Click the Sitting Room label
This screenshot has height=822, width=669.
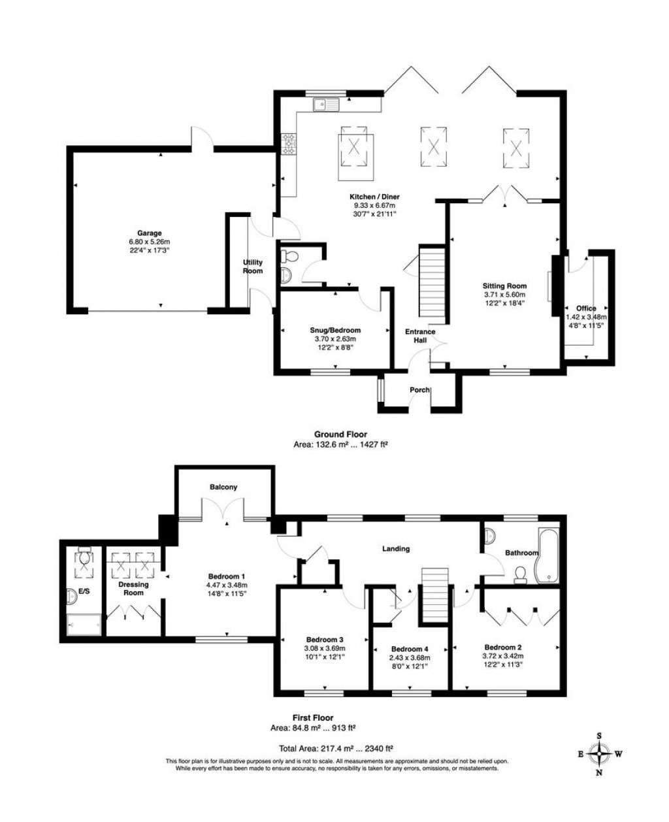pyautogui.click(x=504, y=286)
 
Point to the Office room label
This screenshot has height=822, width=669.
pyautogui.click(x=585, y=308)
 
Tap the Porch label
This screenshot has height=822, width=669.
pyautogui.click(x=419, y=390)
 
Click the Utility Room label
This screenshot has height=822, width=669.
pyautogui.click(x=252, y=266)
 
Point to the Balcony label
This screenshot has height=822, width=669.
pyautogui.click(x=223, y=487)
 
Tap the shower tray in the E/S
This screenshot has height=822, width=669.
pyautogui.click(x=84, y=625)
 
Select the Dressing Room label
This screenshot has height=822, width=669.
pyautogui.click(x=133, y=588)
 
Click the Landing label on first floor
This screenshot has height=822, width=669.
pyautogui.click(x=396, y=548)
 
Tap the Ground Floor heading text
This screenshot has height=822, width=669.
pyautogui.click(x=340, y=434)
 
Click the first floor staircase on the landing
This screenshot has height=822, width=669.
pyautogui.click(x=433, y=595)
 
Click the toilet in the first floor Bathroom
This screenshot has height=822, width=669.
pyautogui.click(x=521, y=574)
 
